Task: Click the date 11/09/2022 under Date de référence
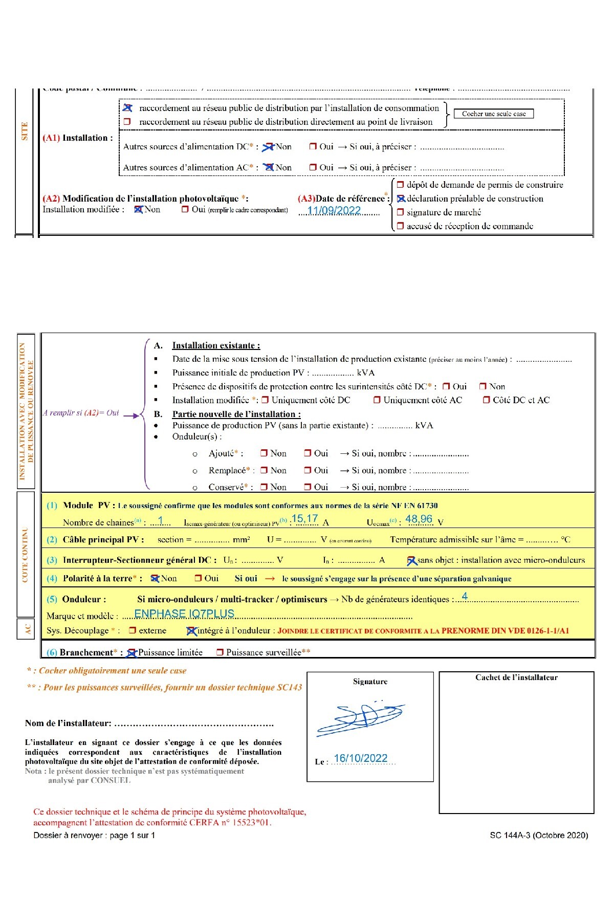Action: coord(334,210)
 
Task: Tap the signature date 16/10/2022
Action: coord(360,758)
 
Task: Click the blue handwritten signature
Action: coord(360,717)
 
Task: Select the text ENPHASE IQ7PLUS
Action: coord(184,613)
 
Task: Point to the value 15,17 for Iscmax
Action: coord(304,519)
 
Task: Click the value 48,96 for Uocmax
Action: coord(419,519)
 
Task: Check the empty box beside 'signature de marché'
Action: coord(400,212)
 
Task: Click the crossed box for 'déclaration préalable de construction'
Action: coord(401,199)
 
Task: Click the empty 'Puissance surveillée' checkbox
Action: coord(220,652)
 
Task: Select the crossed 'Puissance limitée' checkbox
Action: coord(131,652)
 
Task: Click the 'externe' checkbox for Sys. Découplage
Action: coord(133,630)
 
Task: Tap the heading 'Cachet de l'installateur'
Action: coord(516,677)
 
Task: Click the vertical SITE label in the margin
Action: coord(25,131)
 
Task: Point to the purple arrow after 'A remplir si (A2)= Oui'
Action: coord(131,415)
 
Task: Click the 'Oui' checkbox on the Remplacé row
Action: coord(308,470)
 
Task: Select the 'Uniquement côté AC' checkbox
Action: coord(377,400)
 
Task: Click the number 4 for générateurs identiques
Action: coord(465,596)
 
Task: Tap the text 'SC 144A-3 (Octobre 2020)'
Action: coord(539,835)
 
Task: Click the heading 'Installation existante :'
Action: coord(216,345)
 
